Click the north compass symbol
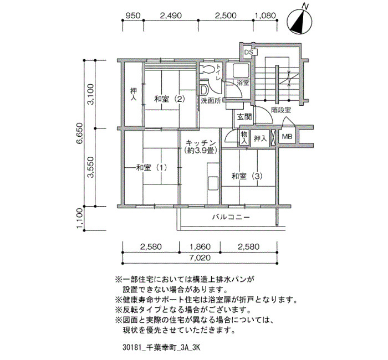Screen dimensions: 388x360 (x=299, y=21)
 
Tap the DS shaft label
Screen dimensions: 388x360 (x=248, y=53)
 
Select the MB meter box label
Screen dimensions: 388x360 (x=287, y=136)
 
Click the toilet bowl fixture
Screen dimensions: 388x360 (x=207, y=69)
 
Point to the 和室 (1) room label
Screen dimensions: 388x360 (x=152, y=168)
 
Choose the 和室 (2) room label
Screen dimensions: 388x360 (x=170, y=99)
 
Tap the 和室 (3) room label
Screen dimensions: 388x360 (x=247, y=176)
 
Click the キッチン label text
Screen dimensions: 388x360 (x=201, y=143)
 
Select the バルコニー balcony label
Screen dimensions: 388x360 (x=231, y=217)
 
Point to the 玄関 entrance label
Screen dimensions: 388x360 (x=244, y=117)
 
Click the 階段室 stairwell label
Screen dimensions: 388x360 (x=281, y=110)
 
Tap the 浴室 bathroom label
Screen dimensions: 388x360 (x=243, y=83)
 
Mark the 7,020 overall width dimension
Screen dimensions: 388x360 (x=200, y=258)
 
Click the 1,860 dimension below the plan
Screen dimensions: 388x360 (x=200, y=246)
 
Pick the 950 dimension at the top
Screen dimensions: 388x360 (x=133, y=16)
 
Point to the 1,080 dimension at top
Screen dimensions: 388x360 (x=265, y=16)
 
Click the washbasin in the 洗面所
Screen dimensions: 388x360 (x=203, y=90)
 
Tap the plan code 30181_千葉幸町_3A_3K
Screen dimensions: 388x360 (x=161, y=348)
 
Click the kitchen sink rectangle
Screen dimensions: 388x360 (x=213, y=183)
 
